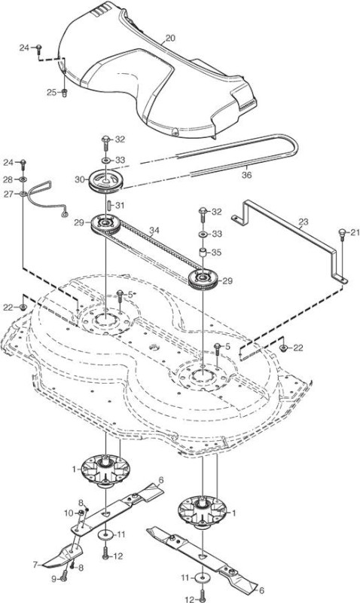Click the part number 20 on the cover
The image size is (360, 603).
pos(170,38)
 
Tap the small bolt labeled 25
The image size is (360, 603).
pos(64,92)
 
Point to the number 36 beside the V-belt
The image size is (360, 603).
pos(247,175)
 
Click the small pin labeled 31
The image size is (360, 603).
pos(108,205)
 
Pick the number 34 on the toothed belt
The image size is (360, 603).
pos(154,231)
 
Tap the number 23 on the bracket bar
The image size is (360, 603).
pos(303,222)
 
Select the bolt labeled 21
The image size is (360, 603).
pos(342,235)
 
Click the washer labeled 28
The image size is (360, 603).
pos(23,179)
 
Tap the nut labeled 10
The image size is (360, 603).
pos(81,513)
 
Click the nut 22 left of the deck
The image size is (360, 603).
pos(23,308)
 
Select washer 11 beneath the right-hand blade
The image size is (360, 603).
pos(202,578)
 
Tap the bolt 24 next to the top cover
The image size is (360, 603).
pos(39,48)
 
